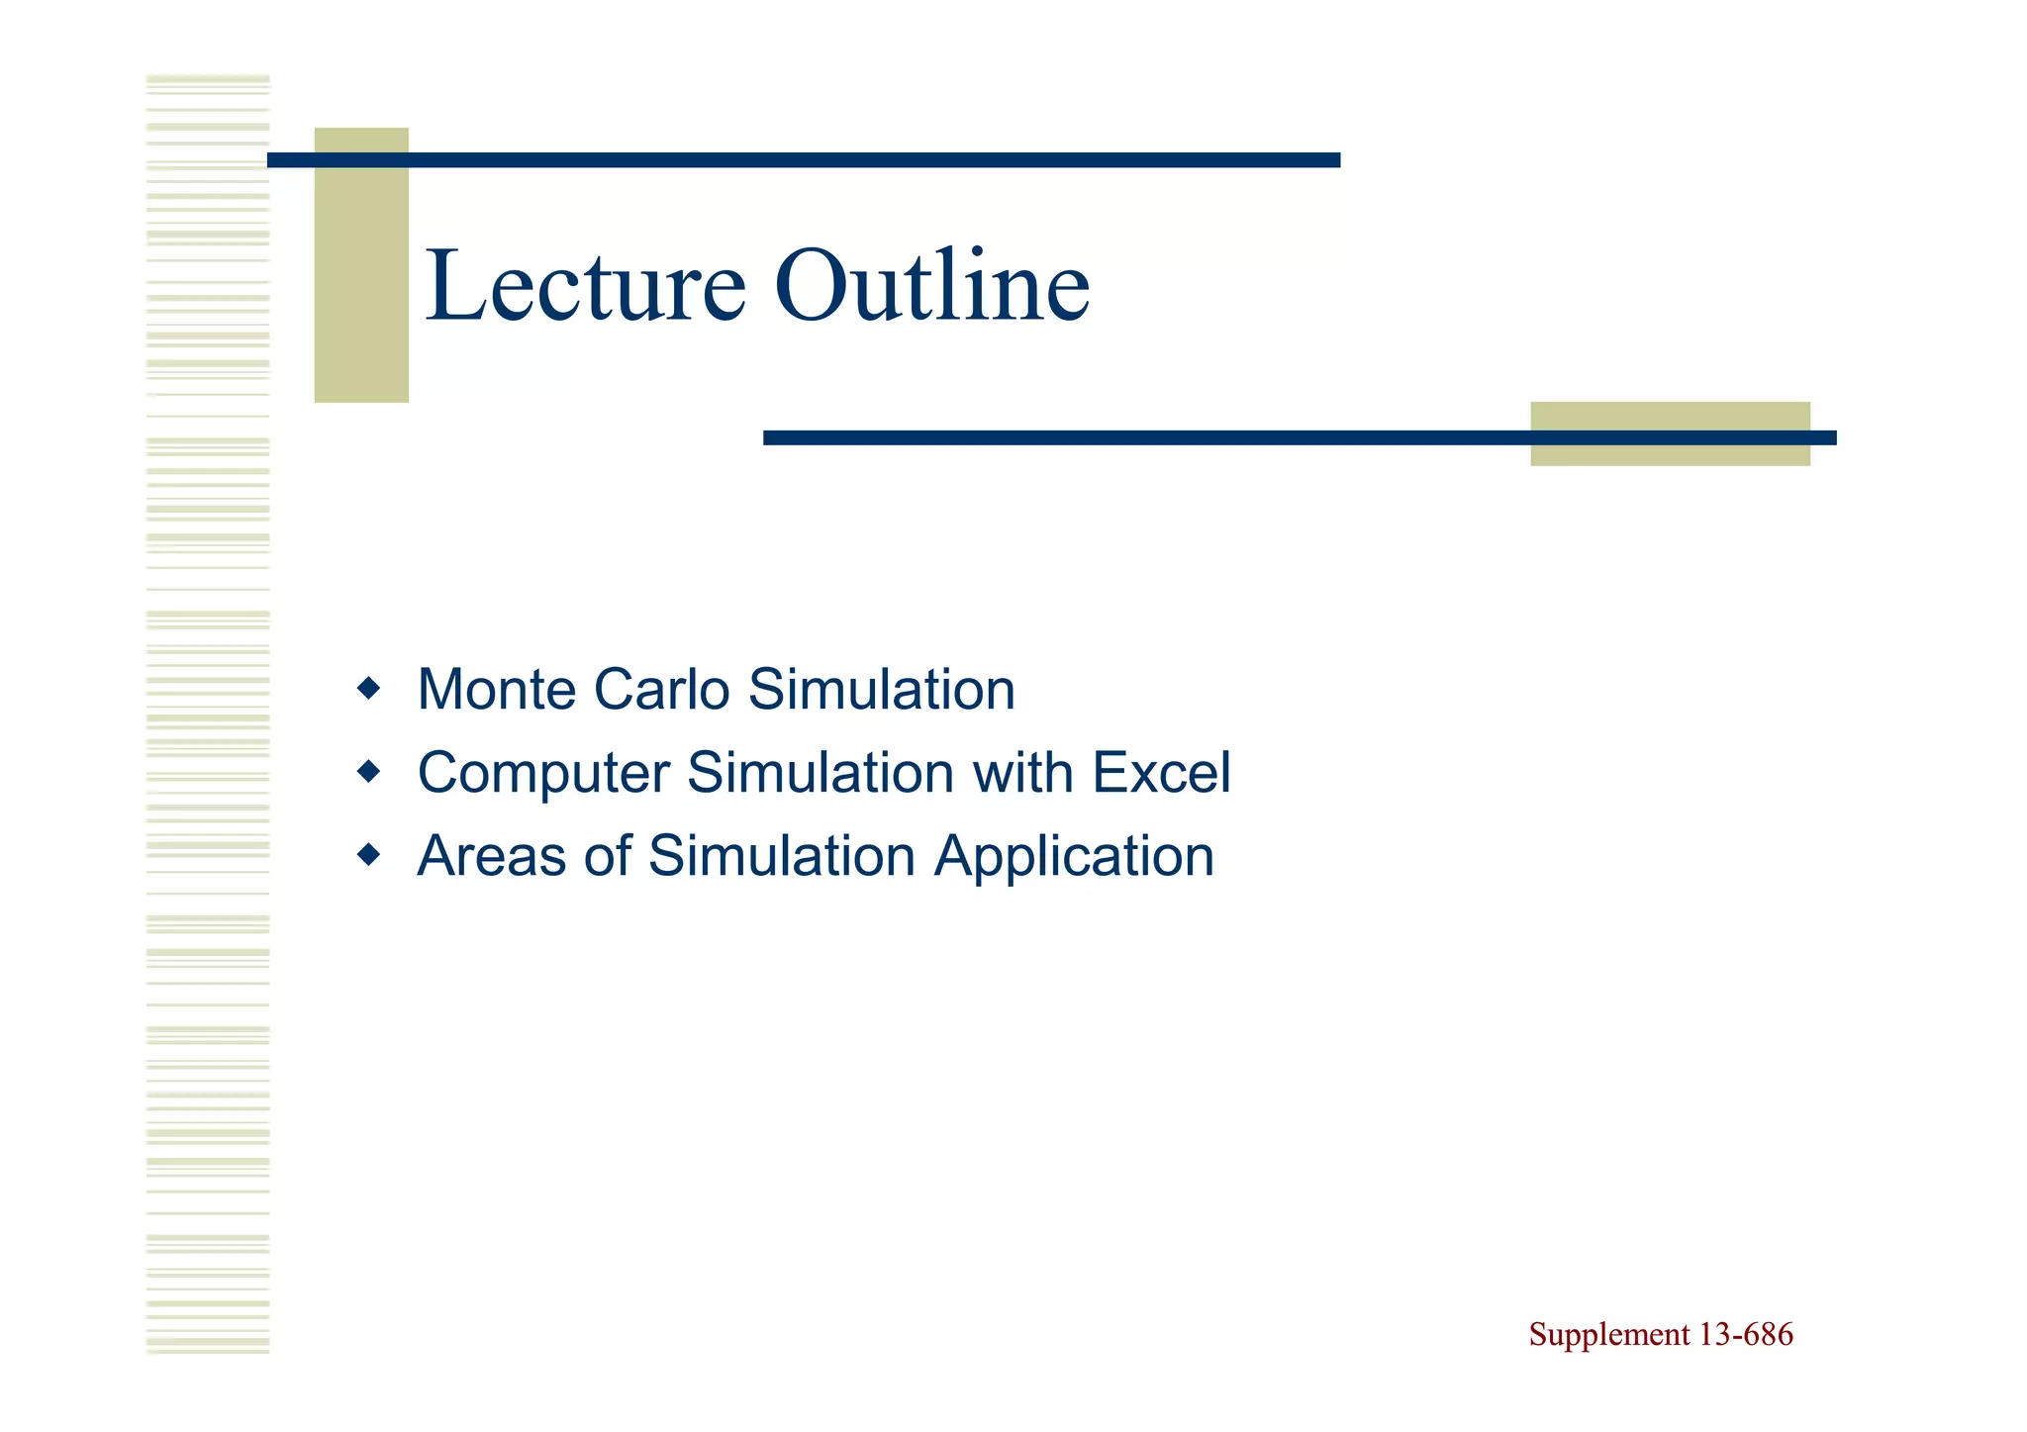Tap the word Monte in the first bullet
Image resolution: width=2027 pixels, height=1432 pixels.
[496, 690]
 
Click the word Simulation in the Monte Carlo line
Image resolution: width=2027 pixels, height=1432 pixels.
[882, 690]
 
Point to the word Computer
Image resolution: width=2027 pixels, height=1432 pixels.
[543, 774]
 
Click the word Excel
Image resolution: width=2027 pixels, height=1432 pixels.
[1161, 773]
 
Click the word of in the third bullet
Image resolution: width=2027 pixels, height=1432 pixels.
[607, 856]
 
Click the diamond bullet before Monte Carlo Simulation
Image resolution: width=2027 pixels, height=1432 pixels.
[368, 689]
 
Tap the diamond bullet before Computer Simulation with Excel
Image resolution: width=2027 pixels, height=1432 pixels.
[368, 771]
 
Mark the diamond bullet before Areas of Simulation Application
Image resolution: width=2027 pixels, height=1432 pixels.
[368, 854]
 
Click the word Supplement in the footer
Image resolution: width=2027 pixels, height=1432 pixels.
[1608, 1336]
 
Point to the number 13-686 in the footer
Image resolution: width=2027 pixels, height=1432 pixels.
[1745, 1335]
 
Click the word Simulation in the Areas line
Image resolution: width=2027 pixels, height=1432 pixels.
[782, 856]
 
